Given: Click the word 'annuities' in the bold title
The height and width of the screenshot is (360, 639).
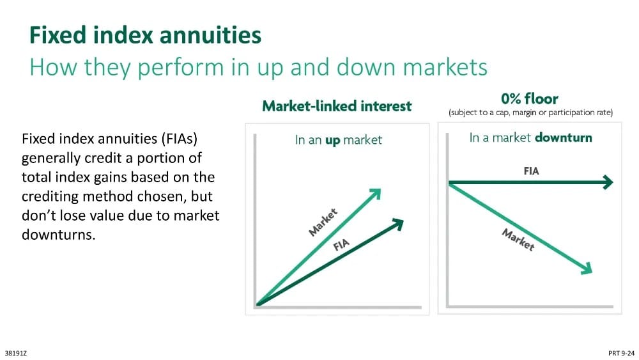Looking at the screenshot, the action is pyautogui.click(x=210, y=35).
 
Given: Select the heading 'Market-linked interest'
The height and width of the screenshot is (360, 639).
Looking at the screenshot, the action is pyautogui.click(x=337, y=106).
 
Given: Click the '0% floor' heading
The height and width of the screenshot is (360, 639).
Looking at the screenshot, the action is pyautogui.click(x=529, y=98).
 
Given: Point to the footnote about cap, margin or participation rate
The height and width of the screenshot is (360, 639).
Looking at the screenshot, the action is pyautogui.click(x=530, y=113).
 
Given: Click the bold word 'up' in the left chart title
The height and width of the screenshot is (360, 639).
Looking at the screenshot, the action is pyautogui.click(x=332, y=141).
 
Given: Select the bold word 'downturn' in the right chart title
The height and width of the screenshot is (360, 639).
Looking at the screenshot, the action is pyautogui.click(x=563, y=137).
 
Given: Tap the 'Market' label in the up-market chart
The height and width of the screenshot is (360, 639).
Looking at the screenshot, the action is pyautogui.click(x=323, y=222).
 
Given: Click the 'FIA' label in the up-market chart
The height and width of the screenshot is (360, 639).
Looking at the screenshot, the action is pyautogui.click(x=341, y=245).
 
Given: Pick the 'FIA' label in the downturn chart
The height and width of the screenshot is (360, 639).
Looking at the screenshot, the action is pyautogui.click(x=531, y=171).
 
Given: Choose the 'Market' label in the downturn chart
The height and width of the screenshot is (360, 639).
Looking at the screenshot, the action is pyautogui.click(x=518, y=240).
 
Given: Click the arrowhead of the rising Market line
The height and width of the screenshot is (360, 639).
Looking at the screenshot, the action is pyautogui.click(x=375, y=194).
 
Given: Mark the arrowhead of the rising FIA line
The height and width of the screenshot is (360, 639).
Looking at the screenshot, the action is pyautogui.click(x=397, y=224).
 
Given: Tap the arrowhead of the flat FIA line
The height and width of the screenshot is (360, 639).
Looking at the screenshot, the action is pyautogui.click(x=608, y=182).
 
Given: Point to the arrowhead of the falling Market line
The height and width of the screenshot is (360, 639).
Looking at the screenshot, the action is pyautogui.click(x=587, y=269).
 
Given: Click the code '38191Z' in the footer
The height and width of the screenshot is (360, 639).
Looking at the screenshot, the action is pyautogui.click(x=16, y=354).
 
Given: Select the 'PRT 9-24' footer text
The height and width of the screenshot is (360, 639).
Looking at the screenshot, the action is pyautogui.click(x=622, y=354).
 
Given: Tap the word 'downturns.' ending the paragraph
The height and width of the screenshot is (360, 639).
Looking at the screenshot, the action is pyautogui.click(x=58, y=235).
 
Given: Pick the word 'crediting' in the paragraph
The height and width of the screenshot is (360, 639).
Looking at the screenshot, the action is pyautogui.click(x=50, y=196).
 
